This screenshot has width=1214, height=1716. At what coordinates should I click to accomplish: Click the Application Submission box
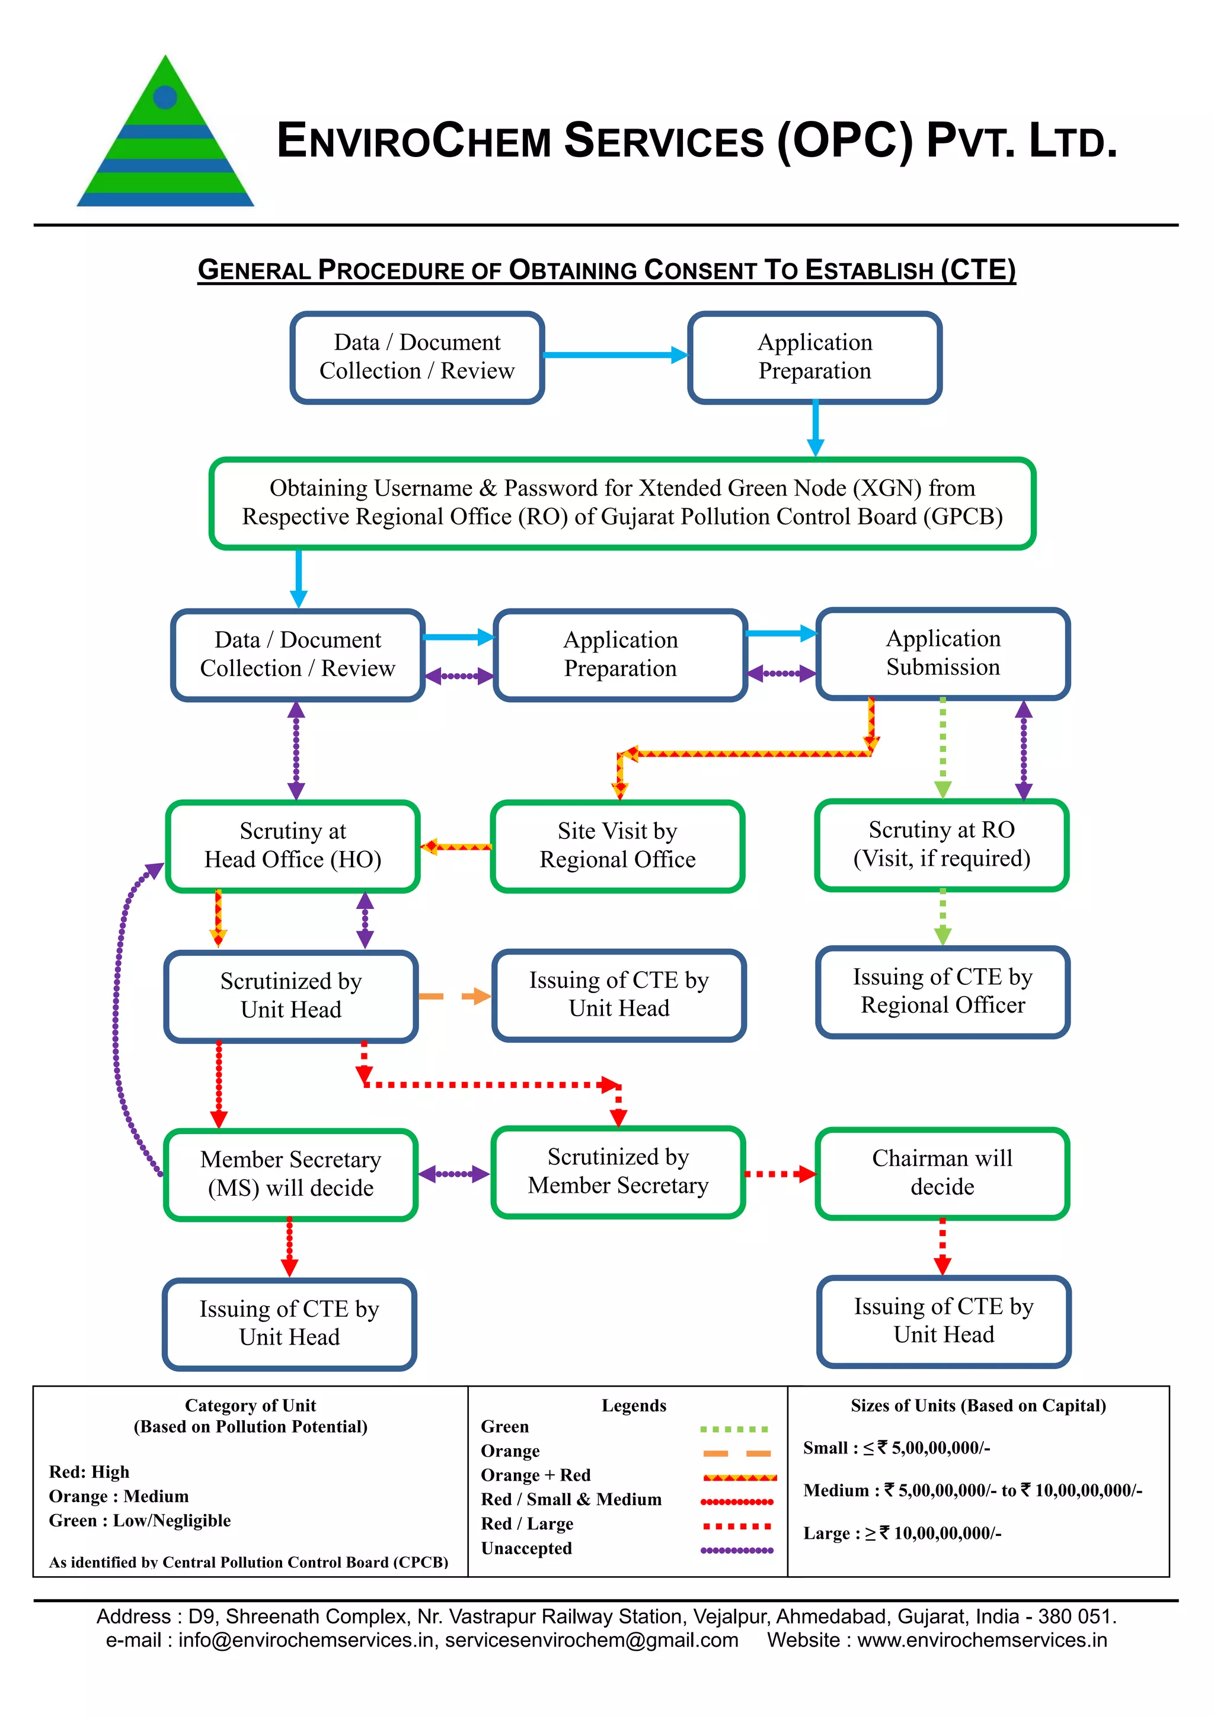[x=943, y=653]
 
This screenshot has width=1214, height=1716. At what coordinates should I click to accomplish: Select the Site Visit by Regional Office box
[x=618, y=846]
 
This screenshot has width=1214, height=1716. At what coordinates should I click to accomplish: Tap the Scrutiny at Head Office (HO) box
[x=292, y=846]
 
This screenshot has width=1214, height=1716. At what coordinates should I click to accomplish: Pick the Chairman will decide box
[x=942, y=1173]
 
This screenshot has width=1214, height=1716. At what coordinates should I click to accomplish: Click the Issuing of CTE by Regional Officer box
[x=943, y=992]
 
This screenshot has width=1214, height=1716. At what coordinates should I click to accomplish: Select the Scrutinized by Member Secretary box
[x=618, y=1171]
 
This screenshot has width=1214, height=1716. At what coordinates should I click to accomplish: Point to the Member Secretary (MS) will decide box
[x=291, y=1174]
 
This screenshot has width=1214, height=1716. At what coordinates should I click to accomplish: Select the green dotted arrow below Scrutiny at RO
[x=943, y=918]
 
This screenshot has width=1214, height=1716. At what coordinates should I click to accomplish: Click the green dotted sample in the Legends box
[x=733, y=1429]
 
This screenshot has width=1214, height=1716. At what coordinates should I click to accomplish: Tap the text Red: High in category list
[x=89, y=1472]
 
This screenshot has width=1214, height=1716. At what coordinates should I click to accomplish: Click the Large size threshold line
[x=902, y=1533]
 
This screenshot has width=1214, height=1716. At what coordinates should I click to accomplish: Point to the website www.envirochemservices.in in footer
[x=982, y=1641]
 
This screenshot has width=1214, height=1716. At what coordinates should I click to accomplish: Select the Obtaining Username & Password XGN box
[x=622, y=502]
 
